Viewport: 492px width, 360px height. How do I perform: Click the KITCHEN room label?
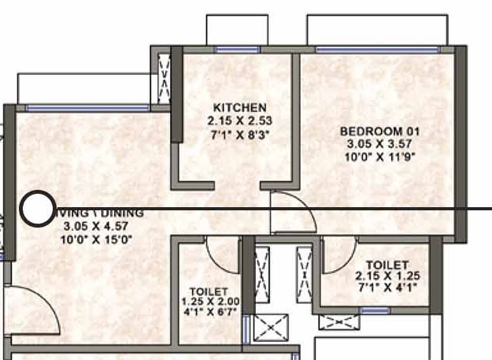[239, 108]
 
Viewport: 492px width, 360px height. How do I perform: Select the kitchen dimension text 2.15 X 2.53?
[239, 121]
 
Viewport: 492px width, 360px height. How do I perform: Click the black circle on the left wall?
[35, 209]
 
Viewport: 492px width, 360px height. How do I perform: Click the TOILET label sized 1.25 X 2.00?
[209, 291]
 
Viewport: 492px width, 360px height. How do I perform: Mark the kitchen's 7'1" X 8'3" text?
[239, 135]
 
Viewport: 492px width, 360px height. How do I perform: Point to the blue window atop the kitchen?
[237, 49]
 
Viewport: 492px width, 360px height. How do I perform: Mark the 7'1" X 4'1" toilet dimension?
[387, 288]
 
